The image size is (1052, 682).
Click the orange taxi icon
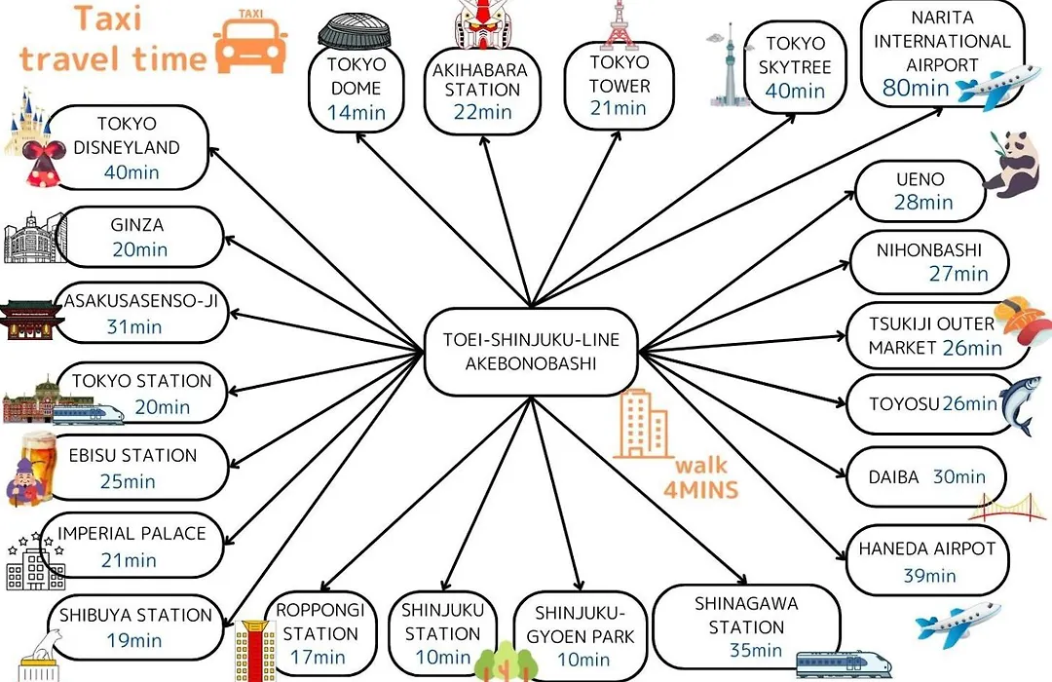click(x=250, y=42)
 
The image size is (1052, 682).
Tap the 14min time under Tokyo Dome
click(x=357, y=112)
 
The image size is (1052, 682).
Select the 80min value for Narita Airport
click(x=915, y=88)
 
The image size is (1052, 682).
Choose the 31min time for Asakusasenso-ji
click(x=134, y=327)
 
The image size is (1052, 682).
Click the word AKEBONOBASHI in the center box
click(x=531, y=363)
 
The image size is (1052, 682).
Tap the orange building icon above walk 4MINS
click(x=642, y=424)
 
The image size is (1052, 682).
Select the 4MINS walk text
click(x=700, y=489)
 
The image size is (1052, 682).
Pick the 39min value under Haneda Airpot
click(x=929, y=575)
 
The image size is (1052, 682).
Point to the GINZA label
click(x=137, y=225)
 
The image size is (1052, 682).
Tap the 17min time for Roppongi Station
click(x=318, y=657)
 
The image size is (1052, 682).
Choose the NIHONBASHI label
click(x=928, y=250)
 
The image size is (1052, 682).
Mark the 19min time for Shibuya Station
click(x=134, y=640)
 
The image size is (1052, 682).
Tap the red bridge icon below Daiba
click(x=1007, y=508)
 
